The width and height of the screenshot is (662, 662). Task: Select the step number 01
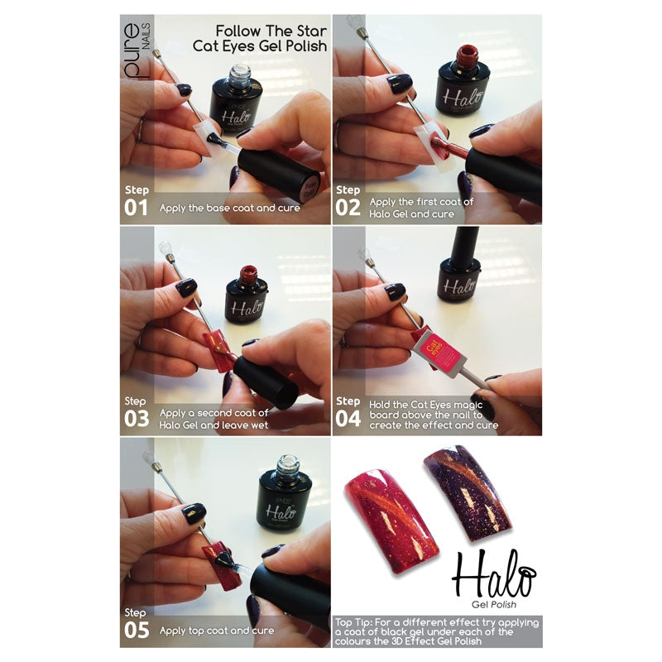(137, 207)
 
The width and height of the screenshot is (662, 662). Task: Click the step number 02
(348, 207)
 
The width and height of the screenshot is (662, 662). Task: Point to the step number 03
(137, 418)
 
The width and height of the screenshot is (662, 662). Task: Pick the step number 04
(348, 418)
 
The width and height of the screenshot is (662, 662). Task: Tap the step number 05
(137, 630)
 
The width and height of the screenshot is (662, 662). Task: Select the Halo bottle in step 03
(246, 298)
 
